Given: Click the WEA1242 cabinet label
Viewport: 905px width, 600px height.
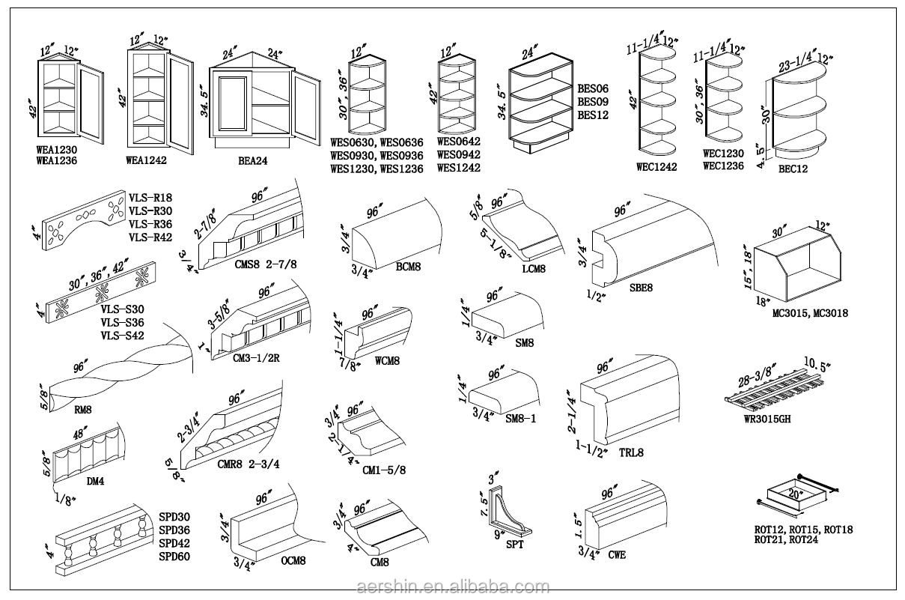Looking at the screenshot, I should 146,160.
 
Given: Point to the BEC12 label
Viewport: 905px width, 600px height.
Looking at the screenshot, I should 793,169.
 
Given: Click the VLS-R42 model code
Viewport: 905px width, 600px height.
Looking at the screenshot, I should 150,237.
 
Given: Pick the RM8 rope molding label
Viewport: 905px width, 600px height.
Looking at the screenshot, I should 82,410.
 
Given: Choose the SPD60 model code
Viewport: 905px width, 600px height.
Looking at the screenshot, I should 174,557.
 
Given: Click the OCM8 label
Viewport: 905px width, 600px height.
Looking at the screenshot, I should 295,560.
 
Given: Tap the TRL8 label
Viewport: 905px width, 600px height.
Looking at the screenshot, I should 631,452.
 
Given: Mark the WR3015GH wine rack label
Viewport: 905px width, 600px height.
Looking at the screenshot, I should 767,419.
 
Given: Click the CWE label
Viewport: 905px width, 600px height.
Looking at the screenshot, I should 617,555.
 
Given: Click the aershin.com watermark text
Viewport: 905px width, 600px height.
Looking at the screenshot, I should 453,587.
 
